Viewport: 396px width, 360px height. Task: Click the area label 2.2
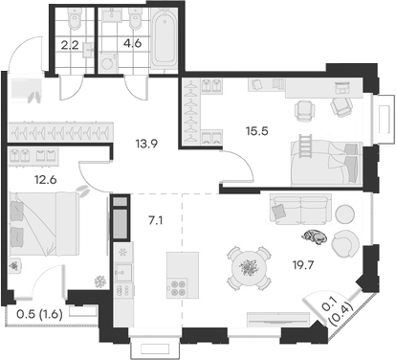(70, 43)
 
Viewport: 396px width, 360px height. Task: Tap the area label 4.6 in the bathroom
(117, 43)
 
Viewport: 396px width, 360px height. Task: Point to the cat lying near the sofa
(312, 237)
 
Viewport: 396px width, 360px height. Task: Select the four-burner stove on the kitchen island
(177, 287)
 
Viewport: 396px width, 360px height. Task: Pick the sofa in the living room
(302, 207)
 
